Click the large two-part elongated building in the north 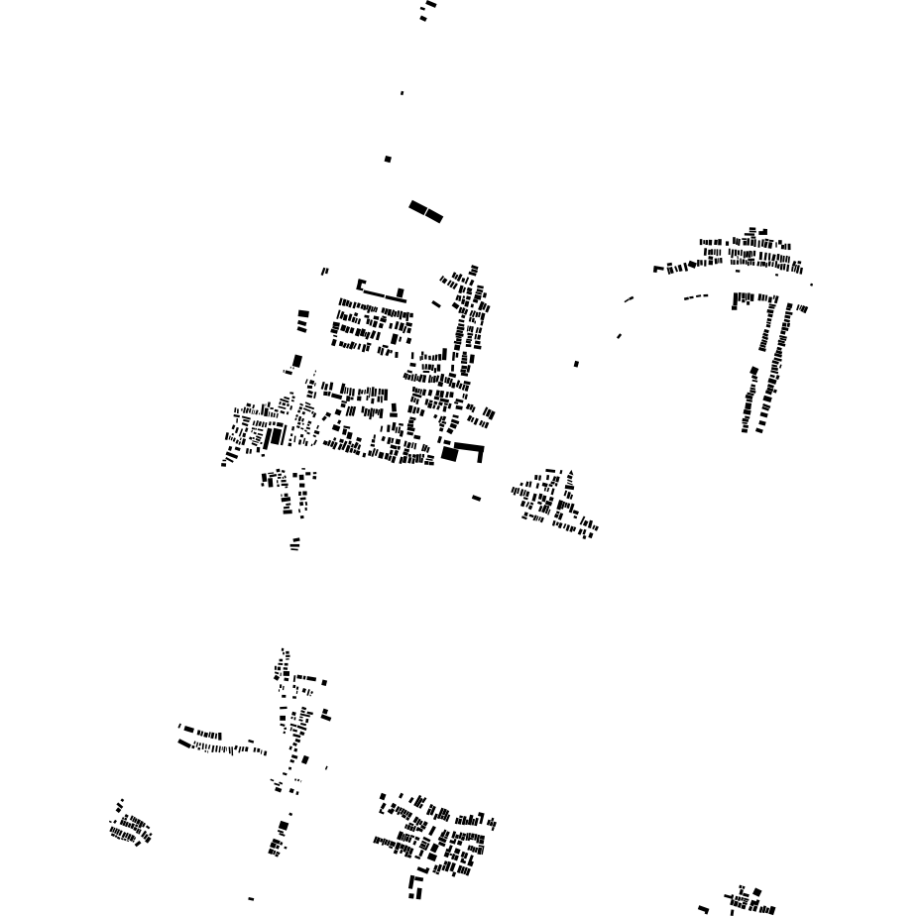pyautogui.click(x=425, y=211)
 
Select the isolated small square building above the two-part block pyautogui.click(x=388, y=159)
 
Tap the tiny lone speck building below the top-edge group pyautogui.click(x=402, y=93)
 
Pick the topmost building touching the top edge pyautogui.click(x=430, y=4)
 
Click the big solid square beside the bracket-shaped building pyautogui.click(x=449, y=454)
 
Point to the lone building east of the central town pyautogui.click(x=576, y=364)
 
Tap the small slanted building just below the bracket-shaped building pyautogui.click(x=476, y=498)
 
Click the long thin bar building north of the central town pyautogui.click(x=377, y=292)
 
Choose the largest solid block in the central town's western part pyautogui.click(x=276, y=434)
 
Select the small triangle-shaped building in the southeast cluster pyautogui.click(x=570, y=473)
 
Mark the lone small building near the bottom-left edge pyautogui.click(x=251, y=899)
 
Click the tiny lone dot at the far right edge pyautogui.click(x=811, y=285)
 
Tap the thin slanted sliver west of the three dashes pyautogui.click(x=629, y=299)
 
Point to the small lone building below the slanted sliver pyautogui.click(x=619, y=336)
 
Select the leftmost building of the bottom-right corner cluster pyautogui.click(x=703, y=909)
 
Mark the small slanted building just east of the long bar pyautogui.click(x=436, y=304)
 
